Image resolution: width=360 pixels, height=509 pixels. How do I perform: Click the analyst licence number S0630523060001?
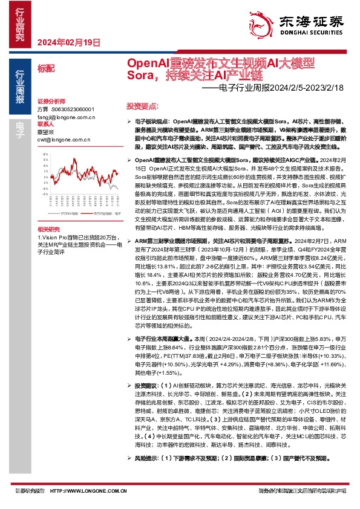click(72, 109)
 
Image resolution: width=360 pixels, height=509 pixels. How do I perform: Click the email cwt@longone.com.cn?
click(63, 138)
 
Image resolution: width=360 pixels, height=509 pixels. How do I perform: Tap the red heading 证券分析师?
click(50, 100)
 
